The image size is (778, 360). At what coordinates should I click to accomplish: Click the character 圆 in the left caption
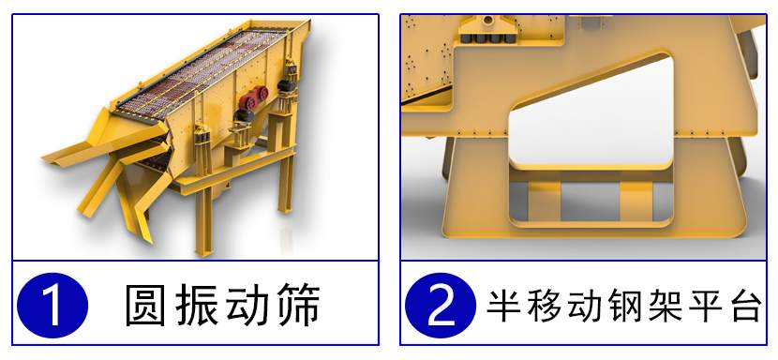144,305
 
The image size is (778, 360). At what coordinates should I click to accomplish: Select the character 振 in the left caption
197,305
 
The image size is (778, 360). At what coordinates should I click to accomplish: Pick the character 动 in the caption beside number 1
248,305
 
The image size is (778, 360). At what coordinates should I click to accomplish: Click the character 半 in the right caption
505,306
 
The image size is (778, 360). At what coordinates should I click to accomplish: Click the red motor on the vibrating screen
253,97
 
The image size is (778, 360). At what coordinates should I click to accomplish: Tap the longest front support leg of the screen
203,218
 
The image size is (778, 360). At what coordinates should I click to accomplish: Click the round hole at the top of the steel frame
488,20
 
